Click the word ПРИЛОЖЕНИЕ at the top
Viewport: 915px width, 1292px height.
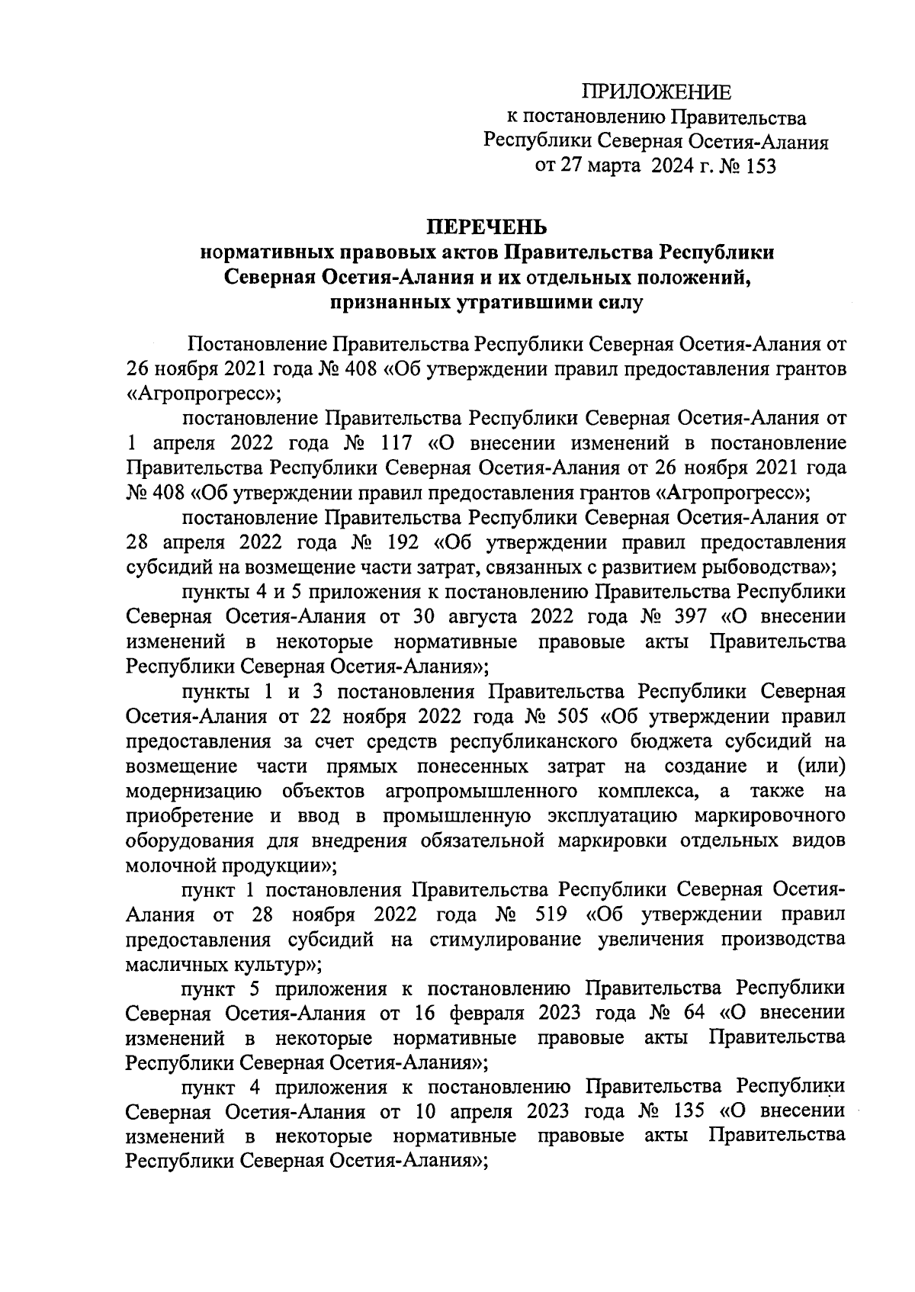(657, 93)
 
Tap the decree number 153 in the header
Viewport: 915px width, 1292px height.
(758, 166)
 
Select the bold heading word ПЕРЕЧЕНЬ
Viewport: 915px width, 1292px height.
(486, 227)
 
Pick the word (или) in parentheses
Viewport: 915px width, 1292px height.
(820, 766)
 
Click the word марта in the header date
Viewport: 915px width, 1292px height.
(613, 166)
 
